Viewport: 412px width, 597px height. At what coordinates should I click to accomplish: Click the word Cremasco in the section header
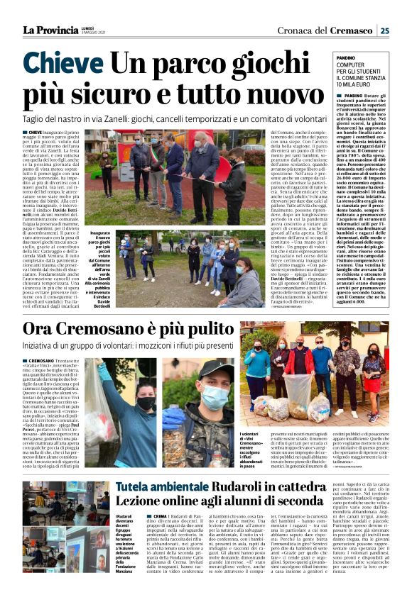pos(350,30)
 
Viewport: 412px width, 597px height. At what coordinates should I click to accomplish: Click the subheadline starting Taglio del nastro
pos(178,118)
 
